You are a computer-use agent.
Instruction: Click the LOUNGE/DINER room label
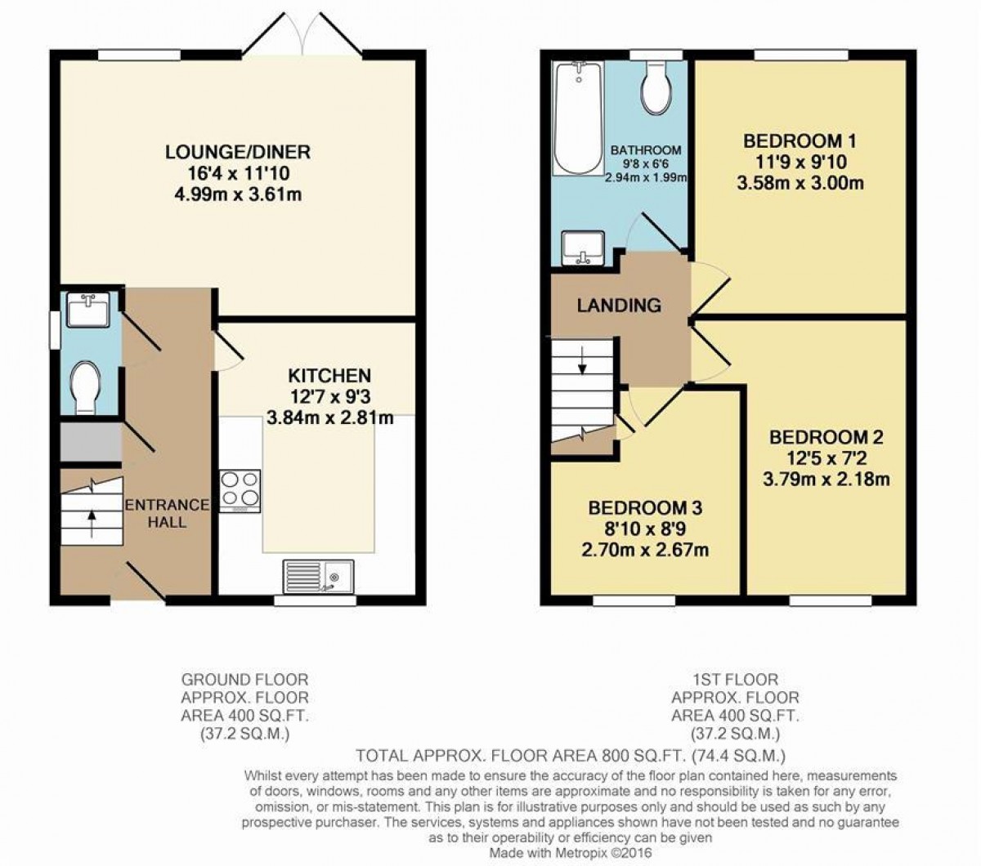click(x=238, y=153)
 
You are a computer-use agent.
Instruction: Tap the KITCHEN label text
click(x=329, y=375)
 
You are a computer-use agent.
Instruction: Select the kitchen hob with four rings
click(x=240, y=491)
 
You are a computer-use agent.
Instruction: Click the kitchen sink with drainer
click(x=319, y=577)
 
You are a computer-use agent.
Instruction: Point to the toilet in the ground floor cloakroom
click(x=85, y=387)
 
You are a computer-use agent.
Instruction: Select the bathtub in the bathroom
click(x=578, y=118)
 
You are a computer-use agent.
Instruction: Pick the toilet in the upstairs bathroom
click(x=656, y=88)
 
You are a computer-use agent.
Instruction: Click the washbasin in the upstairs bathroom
click(x=583, y=248)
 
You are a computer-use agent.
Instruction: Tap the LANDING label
click(x=619, y=306)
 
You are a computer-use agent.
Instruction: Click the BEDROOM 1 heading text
click(x=800, y=141)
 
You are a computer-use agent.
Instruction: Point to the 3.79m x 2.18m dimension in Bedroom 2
click(x=826, y=480)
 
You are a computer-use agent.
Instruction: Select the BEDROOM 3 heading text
click(x=645, y=508)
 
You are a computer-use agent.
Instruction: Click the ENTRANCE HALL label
click(x=167, y=514)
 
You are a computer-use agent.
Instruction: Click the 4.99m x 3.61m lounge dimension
click(x=238, y=194)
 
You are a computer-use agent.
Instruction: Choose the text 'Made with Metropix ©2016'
click(x=571, y=852)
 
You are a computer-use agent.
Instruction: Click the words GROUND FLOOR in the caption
click(x=244, y=680)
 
